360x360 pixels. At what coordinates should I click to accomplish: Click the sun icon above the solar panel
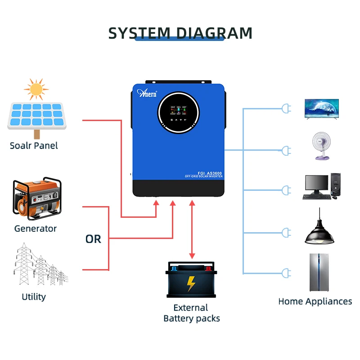[36, 89]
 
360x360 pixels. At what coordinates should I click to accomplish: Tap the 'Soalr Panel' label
[34, 146]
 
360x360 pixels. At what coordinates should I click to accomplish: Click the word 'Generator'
[36, 229]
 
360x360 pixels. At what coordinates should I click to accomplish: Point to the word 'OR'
[93, 239]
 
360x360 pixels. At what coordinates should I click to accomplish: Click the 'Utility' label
[34, 297]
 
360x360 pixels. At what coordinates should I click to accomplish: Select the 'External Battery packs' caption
[192, 313]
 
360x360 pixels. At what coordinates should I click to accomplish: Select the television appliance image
[321, 108]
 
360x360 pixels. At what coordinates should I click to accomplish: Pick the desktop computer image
[321, 186]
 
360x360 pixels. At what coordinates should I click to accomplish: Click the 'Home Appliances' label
[315, 301]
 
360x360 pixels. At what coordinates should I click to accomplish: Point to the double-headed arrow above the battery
[193, 229]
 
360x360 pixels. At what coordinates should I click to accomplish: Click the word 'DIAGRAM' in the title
[214, 33]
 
